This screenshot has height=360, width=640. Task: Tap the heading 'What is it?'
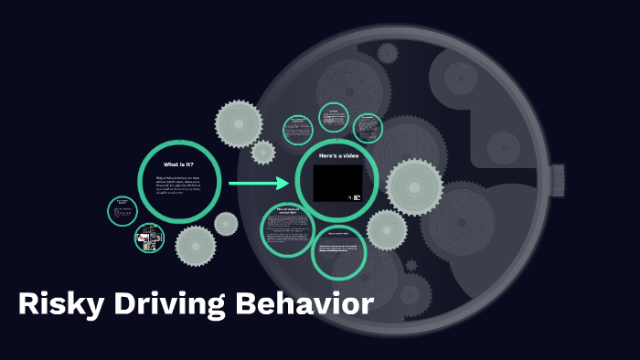179,164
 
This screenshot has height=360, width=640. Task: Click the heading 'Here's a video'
337,156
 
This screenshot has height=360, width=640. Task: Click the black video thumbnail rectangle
337,183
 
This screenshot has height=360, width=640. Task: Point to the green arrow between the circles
259,184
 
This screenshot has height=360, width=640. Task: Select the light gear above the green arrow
240,122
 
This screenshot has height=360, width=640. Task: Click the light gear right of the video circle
414,187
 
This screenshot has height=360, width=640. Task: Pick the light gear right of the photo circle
196,245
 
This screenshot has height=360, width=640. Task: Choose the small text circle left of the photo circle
122,211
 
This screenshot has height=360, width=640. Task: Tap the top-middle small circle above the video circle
334,118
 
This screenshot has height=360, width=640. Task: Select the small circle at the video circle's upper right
368,128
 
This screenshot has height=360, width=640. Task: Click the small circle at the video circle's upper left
298,129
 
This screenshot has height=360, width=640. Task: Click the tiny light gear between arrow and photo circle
226,223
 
